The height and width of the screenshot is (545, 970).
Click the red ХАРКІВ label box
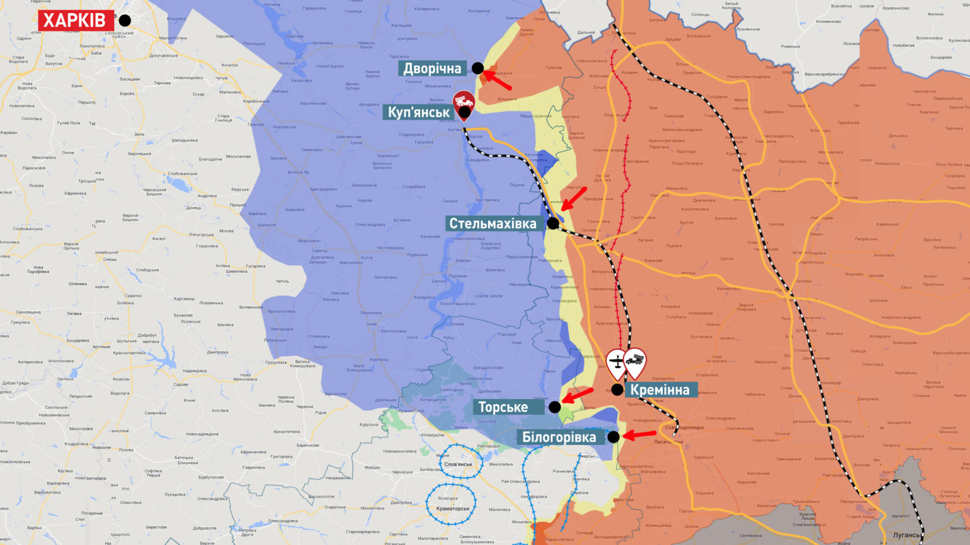75,21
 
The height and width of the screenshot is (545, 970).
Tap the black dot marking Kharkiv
125,21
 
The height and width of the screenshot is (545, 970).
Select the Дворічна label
432,69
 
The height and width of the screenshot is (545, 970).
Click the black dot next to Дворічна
477,68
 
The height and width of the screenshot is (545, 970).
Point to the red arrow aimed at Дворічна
499,81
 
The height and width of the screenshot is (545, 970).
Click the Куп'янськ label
418,112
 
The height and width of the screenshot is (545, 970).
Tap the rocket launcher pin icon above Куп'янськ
464,103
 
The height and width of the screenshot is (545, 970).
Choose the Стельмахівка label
493,224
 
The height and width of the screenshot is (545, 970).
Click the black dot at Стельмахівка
553,223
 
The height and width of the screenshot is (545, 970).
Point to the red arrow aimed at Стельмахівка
574,198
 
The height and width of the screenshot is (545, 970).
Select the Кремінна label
660,390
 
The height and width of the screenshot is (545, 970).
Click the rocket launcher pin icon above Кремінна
635,361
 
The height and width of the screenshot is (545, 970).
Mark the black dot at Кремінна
617,390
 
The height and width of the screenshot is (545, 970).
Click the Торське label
503,407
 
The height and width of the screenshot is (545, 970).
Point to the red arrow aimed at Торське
578,396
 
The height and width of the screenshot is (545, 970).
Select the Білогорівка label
559,437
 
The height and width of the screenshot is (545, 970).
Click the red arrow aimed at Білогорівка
640,434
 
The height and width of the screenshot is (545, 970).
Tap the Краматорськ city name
453,509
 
